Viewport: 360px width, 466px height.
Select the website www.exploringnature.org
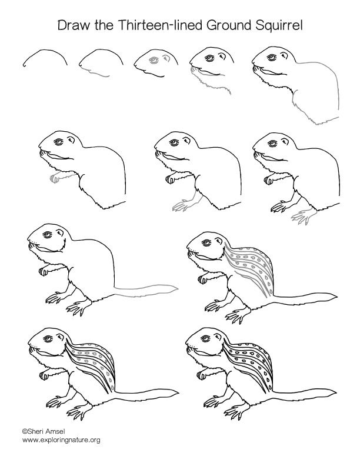61,440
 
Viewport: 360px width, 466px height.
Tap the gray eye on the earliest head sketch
154,61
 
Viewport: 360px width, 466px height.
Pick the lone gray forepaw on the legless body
55,177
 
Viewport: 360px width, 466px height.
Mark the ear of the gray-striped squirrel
222,241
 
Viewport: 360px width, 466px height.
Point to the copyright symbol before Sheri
25,431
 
